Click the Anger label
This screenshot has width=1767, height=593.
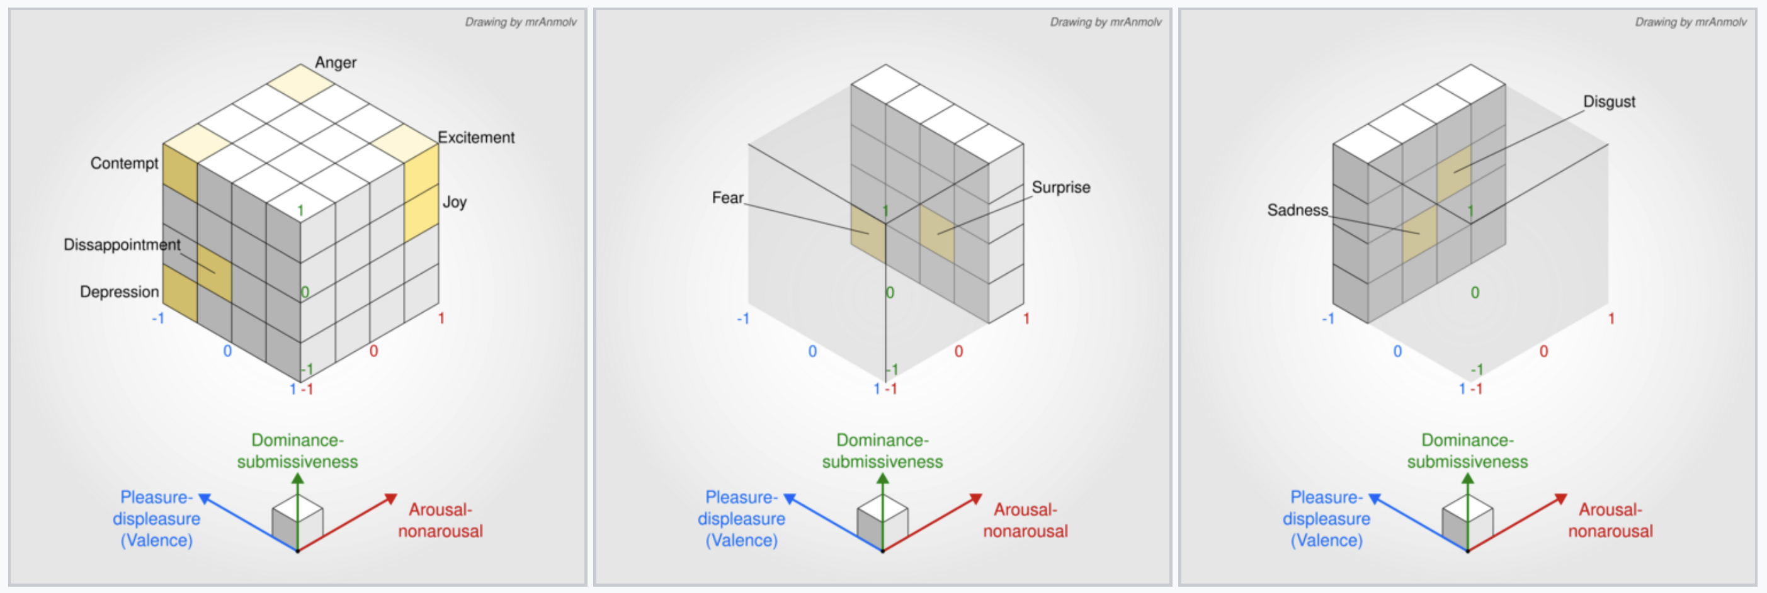click(336, 62)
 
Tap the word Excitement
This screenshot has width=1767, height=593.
click(476, 137)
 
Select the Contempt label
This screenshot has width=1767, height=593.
click(124, 163)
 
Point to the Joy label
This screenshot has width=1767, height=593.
click(454, 201)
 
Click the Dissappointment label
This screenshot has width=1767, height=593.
click(122, 245)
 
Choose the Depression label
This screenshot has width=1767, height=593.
click(120, 291)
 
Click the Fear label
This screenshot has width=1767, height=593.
click(727, 198)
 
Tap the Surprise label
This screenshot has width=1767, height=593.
click(1060, 187)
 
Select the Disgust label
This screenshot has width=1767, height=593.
click(1608, 101)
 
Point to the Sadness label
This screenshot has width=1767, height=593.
click(1297, 210)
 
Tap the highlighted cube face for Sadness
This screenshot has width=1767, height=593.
click(1419, 234)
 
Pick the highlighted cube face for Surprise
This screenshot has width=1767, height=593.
click(937, 234)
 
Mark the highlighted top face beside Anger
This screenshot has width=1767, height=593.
click(300, 84)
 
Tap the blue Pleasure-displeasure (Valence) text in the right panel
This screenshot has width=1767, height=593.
click(1326, 518)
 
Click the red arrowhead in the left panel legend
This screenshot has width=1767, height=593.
click(391, 499)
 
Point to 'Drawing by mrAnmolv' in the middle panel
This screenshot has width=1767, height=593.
click(1105, 22)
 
